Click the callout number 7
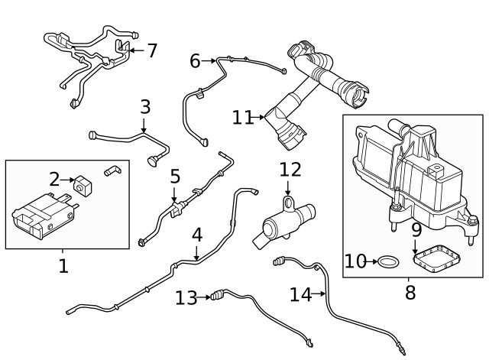tap(152, 51)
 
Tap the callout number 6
tap(195, 60)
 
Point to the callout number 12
tap(290, 170)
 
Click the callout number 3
tap(145, 107)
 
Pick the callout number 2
tap(54, 179)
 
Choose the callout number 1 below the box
tap(63, 267)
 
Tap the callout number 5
tap(175, 177)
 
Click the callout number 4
tap(197, 235)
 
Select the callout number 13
tap(186, 297)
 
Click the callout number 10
tap(356, 262)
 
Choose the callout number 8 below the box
tap(410, 291)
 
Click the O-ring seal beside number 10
tap(389, 262)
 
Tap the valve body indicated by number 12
tap(283, 224)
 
